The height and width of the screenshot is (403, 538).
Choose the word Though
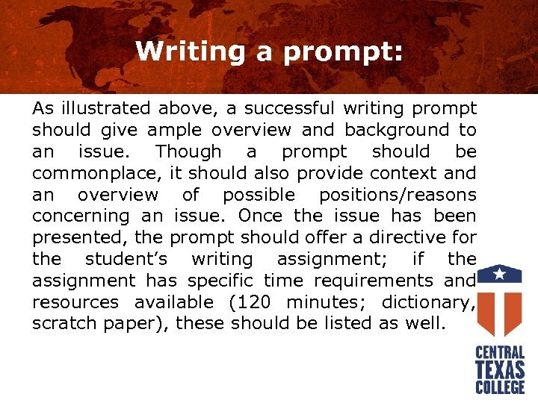188,151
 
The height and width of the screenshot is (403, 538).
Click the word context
412,173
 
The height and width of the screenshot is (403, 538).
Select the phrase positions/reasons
397,195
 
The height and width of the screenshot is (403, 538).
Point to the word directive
386,238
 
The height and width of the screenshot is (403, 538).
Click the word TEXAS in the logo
501,369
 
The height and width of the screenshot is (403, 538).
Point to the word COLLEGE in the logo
501,387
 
